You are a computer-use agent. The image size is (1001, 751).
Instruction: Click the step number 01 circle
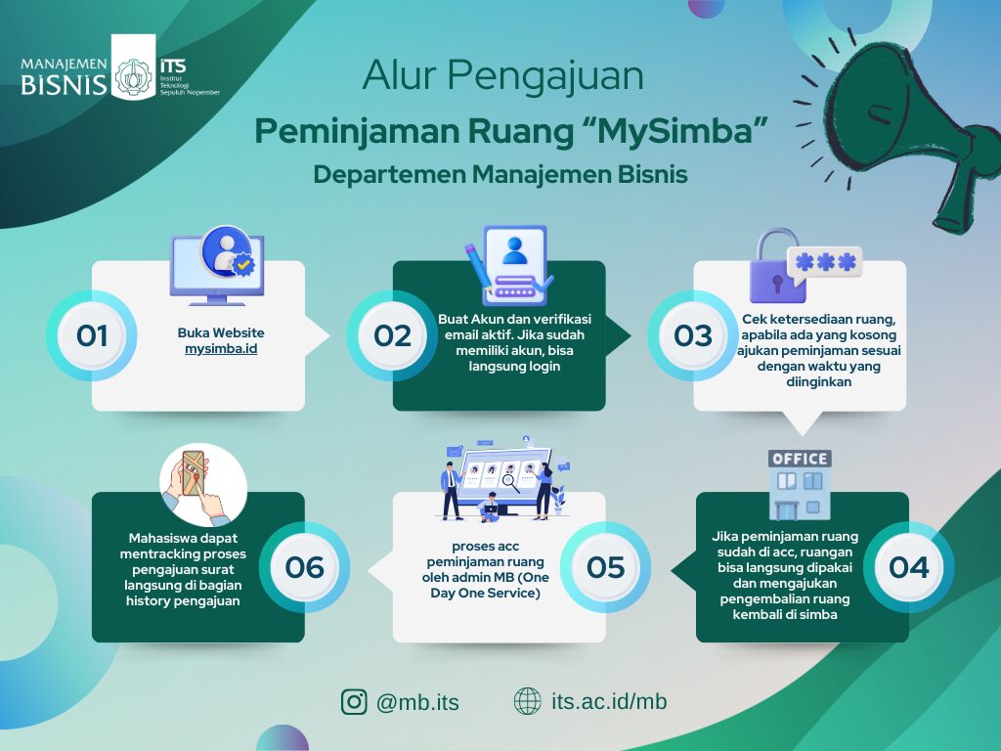coord(91,336)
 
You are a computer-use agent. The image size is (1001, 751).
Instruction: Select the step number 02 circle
coord(392,336)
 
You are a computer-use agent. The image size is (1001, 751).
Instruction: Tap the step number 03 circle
coord(693,336)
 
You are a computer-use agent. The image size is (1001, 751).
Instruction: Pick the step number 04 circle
coord(908,567)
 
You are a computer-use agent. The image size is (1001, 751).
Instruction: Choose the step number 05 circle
coord(605,567)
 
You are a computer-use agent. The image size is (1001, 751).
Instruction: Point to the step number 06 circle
coord(305,567)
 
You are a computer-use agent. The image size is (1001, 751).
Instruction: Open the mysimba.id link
coord(221,349)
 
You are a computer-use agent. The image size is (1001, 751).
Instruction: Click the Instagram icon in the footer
coord(354,701)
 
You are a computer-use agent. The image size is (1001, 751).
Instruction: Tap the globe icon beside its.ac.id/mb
coord(527,701)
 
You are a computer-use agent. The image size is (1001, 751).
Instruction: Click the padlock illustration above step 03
coord(777,266)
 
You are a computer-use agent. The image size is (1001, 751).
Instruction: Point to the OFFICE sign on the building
coord(800,459)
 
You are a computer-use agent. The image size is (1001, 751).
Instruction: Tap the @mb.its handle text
coord(417,702)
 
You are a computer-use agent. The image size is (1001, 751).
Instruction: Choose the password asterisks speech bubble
coord(825,262)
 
